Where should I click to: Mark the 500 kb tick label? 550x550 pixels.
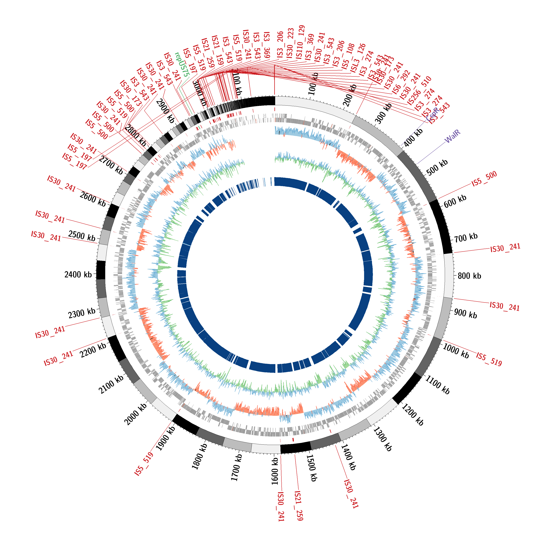point(437,167)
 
